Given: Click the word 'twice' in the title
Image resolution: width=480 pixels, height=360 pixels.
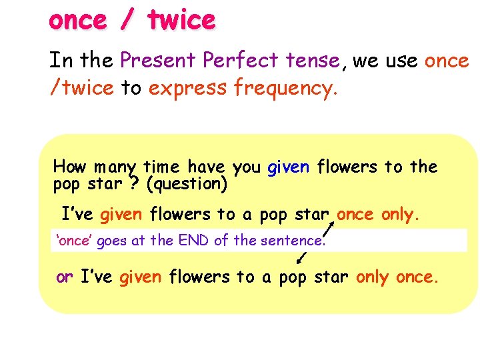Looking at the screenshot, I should [x=182, y=21].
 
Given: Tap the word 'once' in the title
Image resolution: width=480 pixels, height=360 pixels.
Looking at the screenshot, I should [x=77, y=21].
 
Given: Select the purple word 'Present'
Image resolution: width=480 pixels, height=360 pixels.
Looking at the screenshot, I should [x=159, y=61].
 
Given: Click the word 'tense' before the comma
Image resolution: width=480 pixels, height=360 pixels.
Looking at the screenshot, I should [x=312, y=61].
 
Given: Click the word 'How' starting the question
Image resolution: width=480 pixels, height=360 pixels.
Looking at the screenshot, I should [x=70, y=166].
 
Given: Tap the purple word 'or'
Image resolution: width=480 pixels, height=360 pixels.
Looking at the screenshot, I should [x=65, y=277].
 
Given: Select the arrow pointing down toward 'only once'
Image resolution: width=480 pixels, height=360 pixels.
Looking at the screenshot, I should [x=301, y=257].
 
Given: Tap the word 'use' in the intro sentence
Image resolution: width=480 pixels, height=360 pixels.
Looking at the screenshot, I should [x=398, y=61].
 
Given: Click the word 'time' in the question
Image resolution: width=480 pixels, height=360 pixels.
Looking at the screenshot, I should [x=163, y=166].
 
